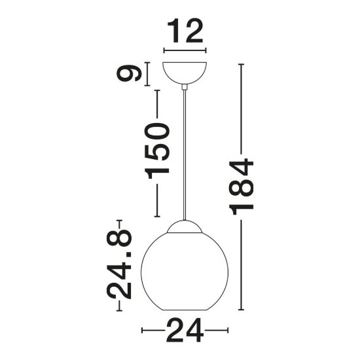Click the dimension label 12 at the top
pos(185,31)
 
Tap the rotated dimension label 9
pos(128,74)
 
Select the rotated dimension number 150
pos(157,151)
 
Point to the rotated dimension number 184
pos(241,187)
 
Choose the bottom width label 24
pos(185,331)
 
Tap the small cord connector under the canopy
pos(185,87)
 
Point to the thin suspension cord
pos(185,155)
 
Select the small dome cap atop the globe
pos(185,226)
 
